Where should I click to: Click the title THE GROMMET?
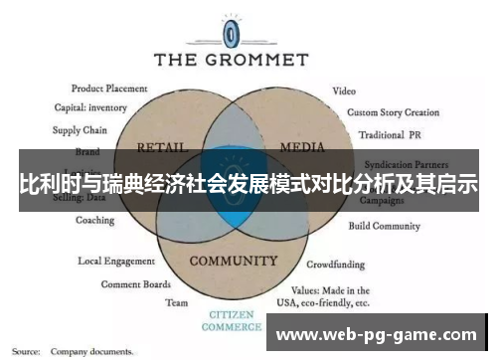click(233, 59)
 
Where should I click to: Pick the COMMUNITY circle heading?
click(233, 262)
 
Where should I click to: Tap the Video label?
click(344, 90)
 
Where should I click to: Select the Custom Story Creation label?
click(393, 112)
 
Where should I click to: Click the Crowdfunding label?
click(334, 266)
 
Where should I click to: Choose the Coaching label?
click(94, 221)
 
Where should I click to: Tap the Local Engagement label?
click(116, 262)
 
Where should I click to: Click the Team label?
click(176, 302)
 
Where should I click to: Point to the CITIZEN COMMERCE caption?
click(233, 321)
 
